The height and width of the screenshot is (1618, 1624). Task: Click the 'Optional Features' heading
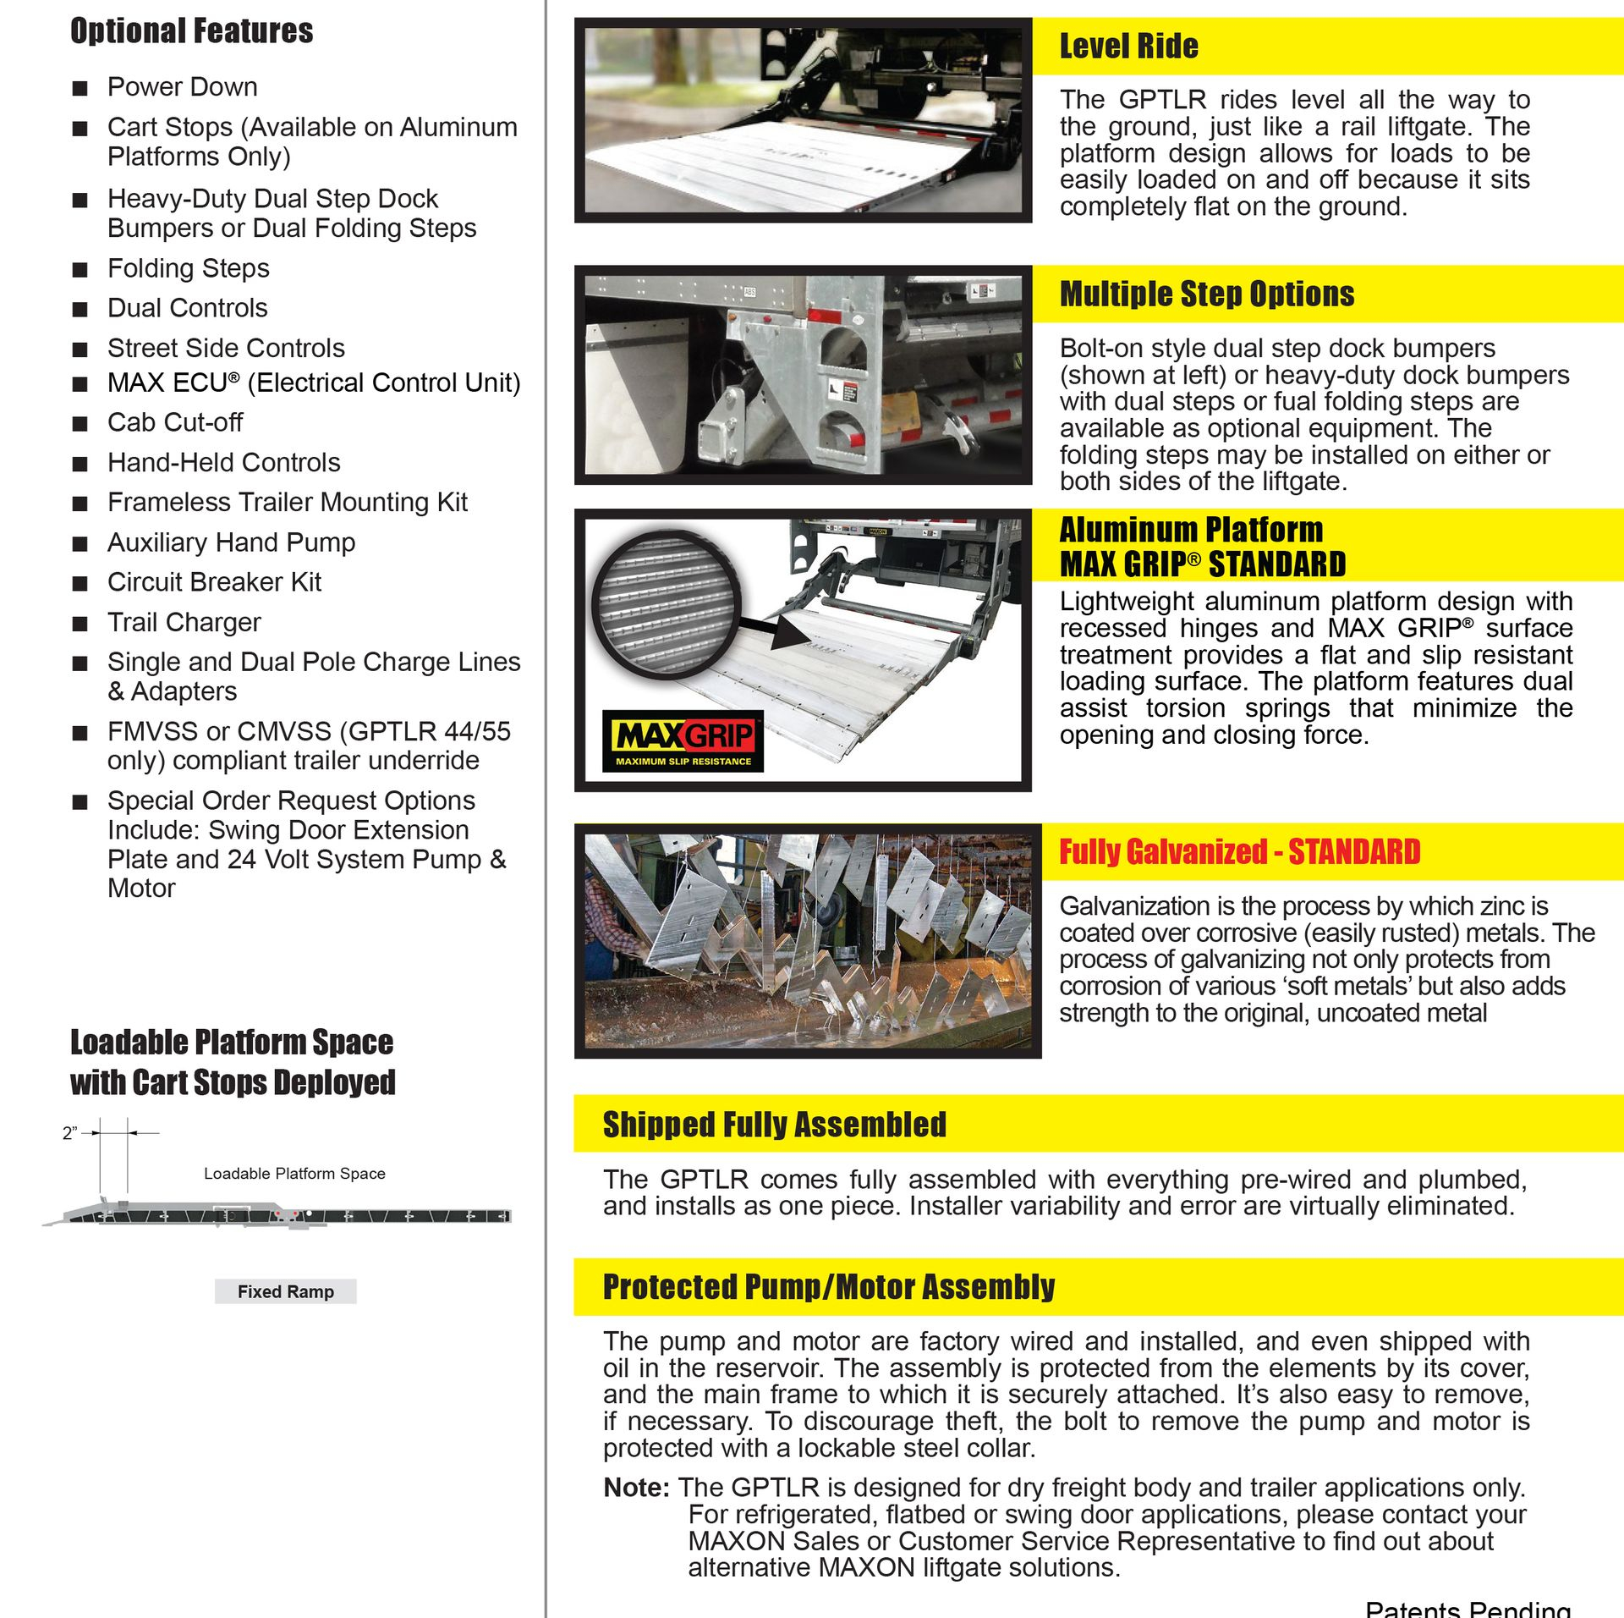tap(191, 31)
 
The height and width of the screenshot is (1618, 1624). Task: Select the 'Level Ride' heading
tap(1128, 47)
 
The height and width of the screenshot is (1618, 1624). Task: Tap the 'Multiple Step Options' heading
tap(1206, 294)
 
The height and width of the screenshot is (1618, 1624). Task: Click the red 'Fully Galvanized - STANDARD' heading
tap(1239, 852)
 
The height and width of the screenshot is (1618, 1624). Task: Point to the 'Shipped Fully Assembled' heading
tap(774, 1125)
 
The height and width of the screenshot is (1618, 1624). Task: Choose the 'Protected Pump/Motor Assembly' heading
tap(828, 1287)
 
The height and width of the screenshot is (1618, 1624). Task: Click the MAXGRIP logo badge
tap(683, 741)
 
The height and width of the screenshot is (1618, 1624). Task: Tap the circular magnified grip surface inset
tap(665, 605)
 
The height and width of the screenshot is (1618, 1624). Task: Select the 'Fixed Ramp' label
tap(285, 1291)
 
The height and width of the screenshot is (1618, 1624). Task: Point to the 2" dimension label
tap(70, 1134)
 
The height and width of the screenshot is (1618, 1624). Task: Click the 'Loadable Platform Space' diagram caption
tap(294, 1174)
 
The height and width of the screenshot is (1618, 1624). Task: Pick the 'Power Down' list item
tap(182, 87)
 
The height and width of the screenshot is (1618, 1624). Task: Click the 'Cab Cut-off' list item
tap(174, 422)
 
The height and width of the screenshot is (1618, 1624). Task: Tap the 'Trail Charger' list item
tap(184, 623)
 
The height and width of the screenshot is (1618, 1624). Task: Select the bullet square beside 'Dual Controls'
tap(80, 310)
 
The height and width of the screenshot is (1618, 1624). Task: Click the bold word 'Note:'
tap(636, 1488)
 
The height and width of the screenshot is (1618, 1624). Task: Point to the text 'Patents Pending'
tap(1468, 1609)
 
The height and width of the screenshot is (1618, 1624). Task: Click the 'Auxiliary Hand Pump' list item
tap(231, 542)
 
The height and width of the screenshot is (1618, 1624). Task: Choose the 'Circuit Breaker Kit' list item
tap(214, 582)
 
